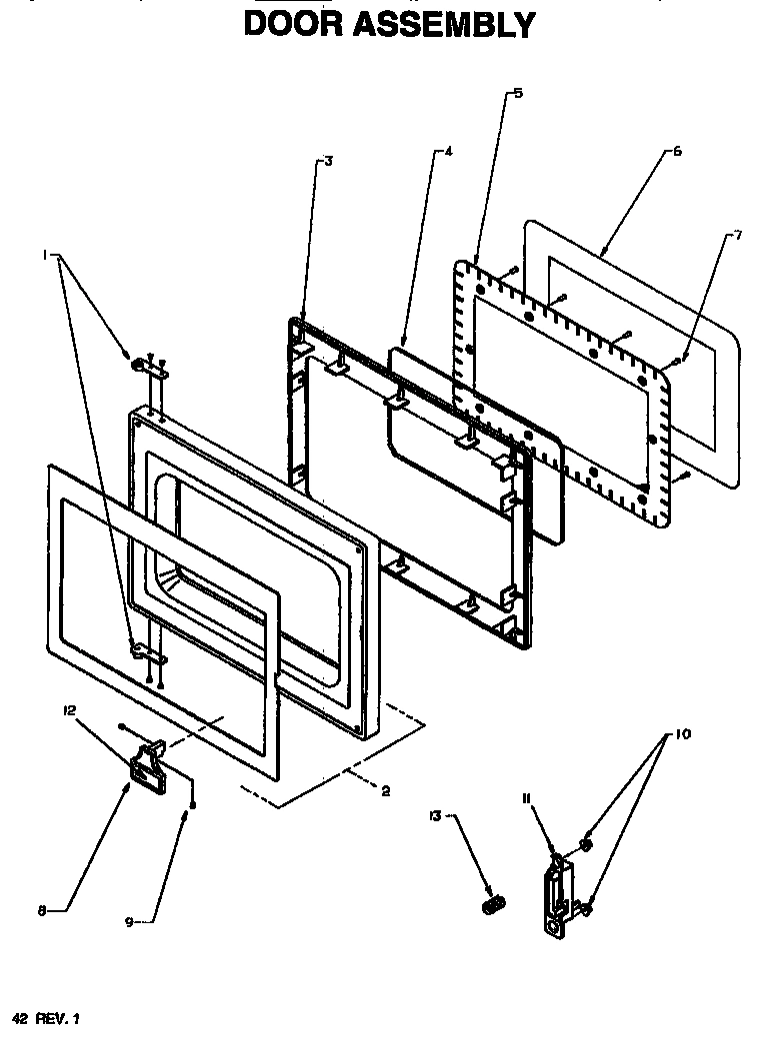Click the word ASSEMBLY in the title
point(455,23)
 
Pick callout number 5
point(517,93)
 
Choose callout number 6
point(677,152)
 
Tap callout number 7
point(738,236)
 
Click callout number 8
point(42,910)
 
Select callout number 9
point(127,922)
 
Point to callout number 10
point(683,734)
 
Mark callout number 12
point(69,710)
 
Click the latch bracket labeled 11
point(554,899)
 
